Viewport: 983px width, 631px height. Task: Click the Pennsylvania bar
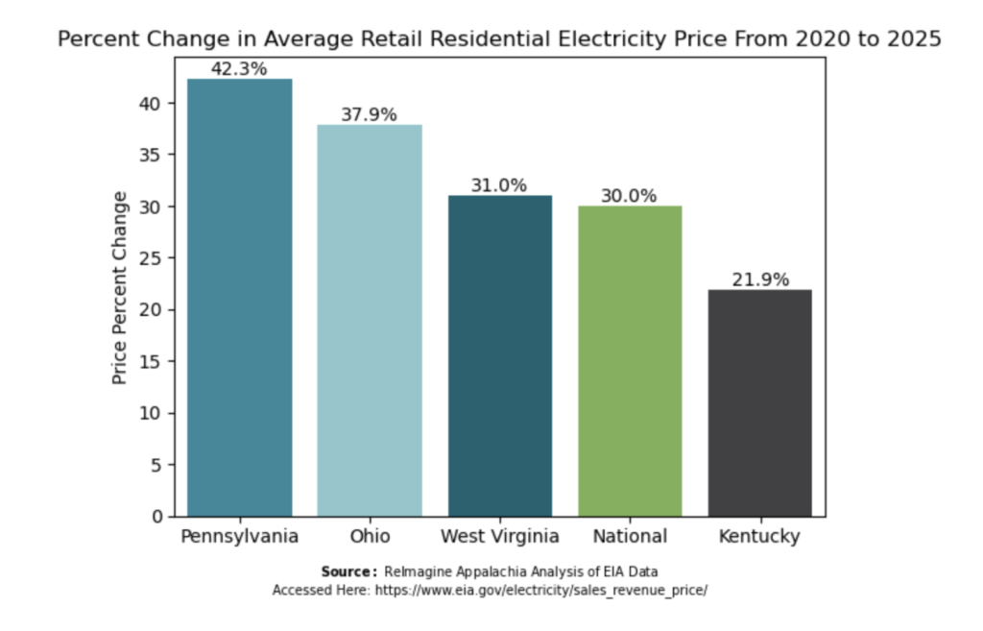(239, 298)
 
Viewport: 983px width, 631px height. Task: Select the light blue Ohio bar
(370, 321)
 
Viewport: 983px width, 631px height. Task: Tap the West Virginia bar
(499, 356)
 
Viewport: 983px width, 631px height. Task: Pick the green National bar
(630, 361)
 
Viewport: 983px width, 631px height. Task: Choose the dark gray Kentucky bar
(760, 403)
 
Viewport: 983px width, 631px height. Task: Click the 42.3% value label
(239, 69)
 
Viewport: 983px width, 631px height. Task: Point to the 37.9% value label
(369, 115)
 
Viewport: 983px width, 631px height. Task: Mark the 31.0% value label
(499, 185)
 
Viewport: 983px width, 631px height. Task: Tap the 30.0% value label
(629, 196)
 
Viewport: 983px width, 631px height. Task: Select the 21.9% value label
(760, 279)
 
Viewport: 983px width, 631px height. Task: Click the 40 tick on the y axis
(151, 104)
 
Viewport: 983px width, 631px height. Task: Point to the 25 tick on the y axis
(151, 258)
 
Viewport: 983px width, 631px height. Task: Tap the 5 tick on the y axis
(156, 465)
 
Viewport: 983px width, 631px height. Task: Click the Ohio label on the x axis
(370, 536)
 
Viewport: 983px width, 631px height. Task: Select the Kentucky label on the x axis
(759, 537)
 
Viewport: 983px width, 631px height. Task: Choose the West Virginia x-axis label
(499, 537)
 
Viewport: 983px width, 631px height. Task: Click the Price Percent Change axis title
(119, 288)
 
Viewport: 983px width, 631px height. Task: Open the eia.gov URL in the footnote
(541, 591)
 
